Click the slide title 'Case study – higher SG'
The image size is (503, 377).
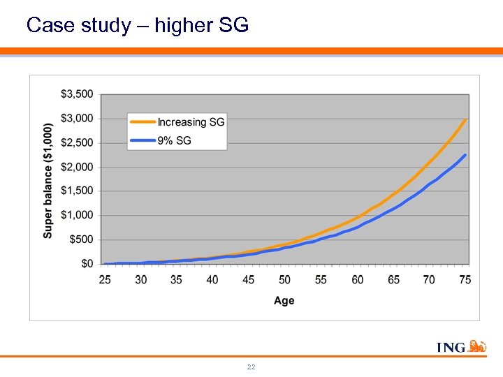[x=137, y=26]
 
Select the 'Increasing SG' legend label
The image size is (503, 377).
[x=191, y=122]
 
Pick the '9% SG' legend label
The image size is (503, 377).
[x=174, y=141]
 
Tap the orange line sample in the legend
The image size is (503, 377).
[x=143, y=122]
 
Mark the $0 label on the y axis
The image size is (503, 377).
[x=87, y=264]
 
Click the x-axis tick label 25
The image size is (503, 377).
[x=105, y=279]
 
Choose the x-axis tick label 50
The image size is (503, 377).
[x=284, y=279]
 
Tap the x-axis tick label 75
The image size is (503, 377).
[x=465, y=279]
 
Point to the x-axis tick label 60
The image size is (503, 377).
[x=357, y=279]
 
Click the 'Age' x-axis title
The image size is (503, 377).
[x=284, y=301]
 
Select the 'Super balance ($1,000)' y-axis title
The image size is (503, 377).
[x=48, y=180]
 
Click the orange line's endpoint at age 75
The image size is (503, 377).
[x=465, y=119]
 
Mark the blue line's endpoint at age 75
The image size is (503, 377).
[x=465, y=155]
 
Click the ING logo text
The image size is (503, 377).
[x=451, y=347]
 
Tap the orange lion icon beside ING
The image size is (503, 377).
[x=477, y=346]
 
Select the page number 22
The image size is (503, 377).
[x=251, y=367]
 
